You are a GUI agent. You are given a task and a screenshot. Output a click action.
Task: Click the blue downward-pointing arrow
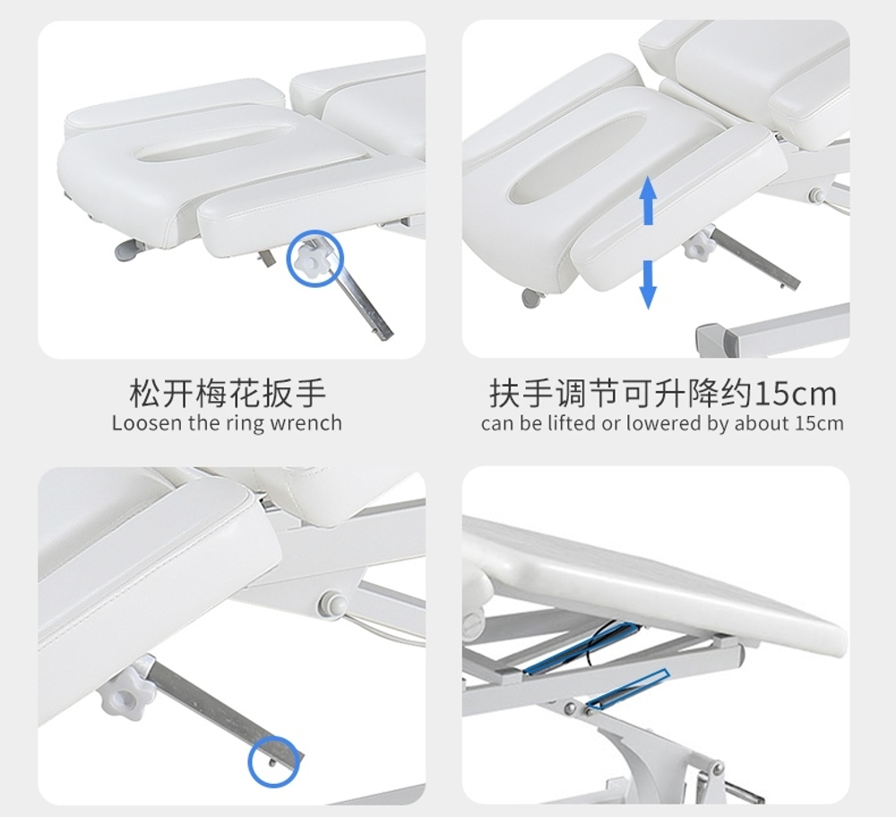(x=648, y=284)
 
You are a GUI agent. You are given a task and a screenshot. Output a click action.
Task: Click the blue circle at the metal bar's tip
(x=274, y=761)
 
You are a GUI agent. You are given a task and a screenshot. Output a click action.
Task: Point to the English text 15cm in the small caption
(x=820, y=423)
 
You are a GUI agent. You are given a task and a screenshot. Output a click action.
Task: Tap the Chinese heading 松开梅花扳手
(x=228, y=393)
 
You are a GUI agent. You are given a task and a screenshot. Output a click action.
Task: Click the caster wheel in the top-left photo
(x=128, y=250)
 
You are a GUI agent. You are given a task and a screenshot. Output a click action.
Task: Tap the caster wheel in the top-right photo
(x=532, y=298)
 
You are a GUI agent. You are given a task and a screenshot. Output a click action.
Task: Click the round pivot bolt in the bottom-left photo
(x=332, y=604)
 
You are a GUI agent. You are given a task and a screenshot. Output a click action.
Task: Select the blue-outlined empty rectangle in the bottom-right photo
(x=629, y=689)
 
